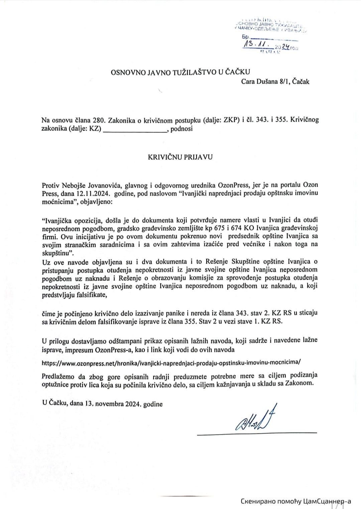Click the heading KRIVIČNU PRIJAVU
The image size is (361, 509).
click(x=180, y=156)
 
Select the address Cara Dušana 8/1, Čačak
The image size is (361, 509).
click(x=275, y=81)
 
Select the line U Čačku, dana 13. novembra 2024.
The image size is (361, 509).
click(x=102, y=404)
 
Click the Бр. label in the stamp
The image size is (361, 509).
click(x=246, y=37)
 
